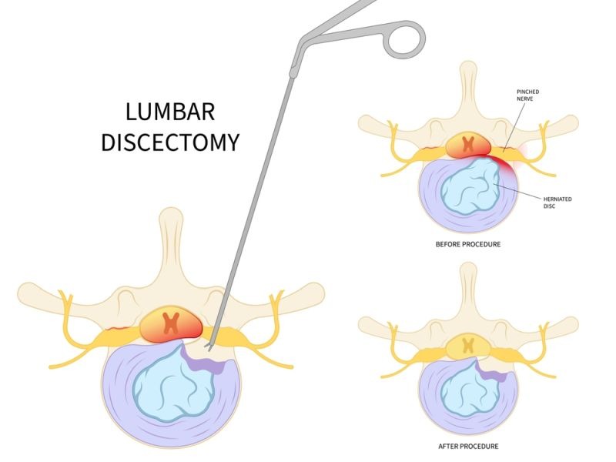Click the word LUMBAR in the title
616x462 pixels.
(x=171, y=112)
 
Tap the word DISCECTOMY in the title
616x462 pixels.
(x=171, y=143)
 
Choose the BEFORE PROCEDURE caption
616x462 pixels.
(x=469, y=244)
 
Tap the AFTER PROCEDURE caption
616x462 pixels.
(x=469, y=447)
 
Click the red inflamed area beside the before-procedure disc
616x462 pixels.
(x=510, y=161)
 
